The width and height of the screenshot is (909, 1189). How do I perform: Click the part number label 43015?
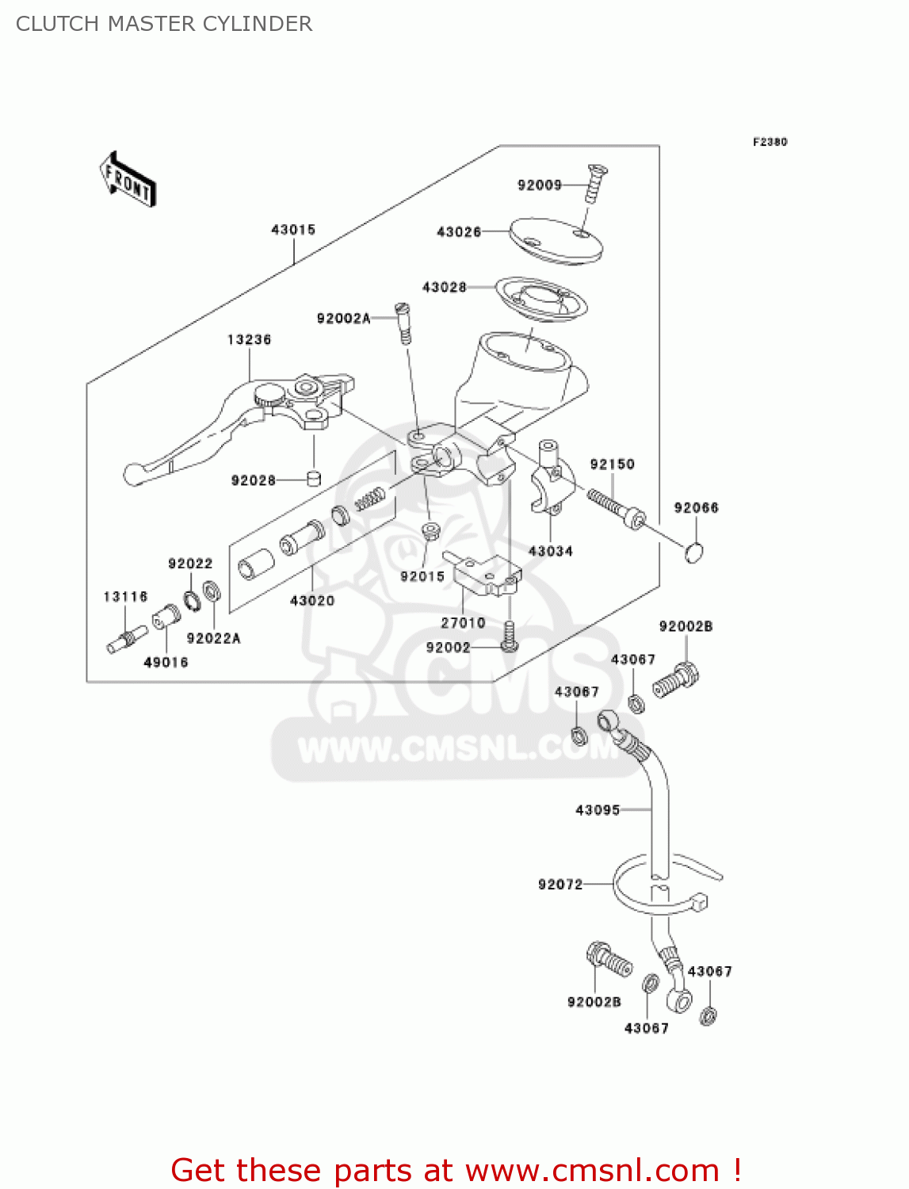point(293,230)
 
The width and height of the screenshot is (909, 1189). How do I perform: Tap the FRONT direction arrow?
point(128,180)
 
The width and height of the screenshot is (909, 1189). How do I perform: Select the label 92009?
point(539,185)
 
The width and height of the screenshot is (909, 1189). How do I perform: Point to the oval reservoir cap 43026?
point(556,239)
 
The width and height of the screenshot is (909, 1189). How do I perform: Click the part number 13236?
point(249,340)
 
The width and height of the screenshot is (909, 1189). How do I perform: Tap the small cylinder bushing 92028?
point(314,478)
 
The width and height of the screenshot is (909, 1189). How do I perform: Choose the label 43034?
point(550,551)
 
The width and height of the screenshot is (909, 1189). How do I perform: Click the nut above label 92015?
point(430,530)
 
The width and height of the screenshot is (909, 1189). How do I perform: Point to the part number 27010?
point(463,623)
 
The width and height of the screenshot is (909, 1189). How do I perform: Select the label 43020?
point(312,601)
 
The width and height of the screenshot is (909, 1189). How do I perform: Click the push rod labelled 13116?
point(126,638)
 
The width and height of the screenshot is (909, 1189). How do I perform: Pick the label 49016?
point(166,662)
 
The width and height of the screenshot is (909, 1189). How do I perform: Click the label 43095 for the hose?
point(598,810)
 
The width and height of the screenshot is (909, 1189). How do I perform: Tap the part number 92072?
point(560,885)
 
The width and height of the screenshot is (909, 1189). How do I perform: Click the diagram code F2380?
point(770,142)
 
